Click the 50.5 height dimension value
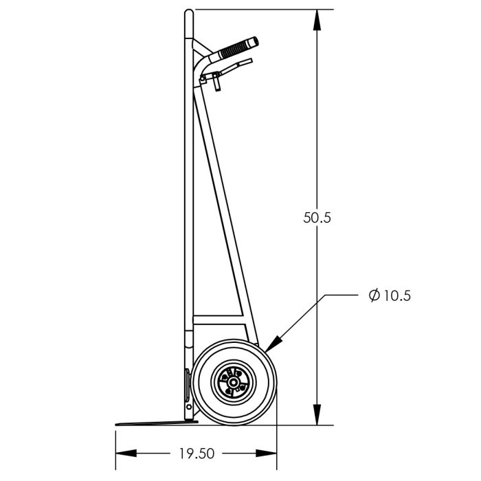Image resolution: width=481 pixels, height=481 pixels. [x=317, y=218]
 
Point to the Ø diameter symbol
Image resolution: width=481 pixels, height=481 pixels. [x=374, y=296]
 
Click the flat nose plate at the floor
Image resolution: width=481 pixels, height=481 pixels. [x=151, y=423]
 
